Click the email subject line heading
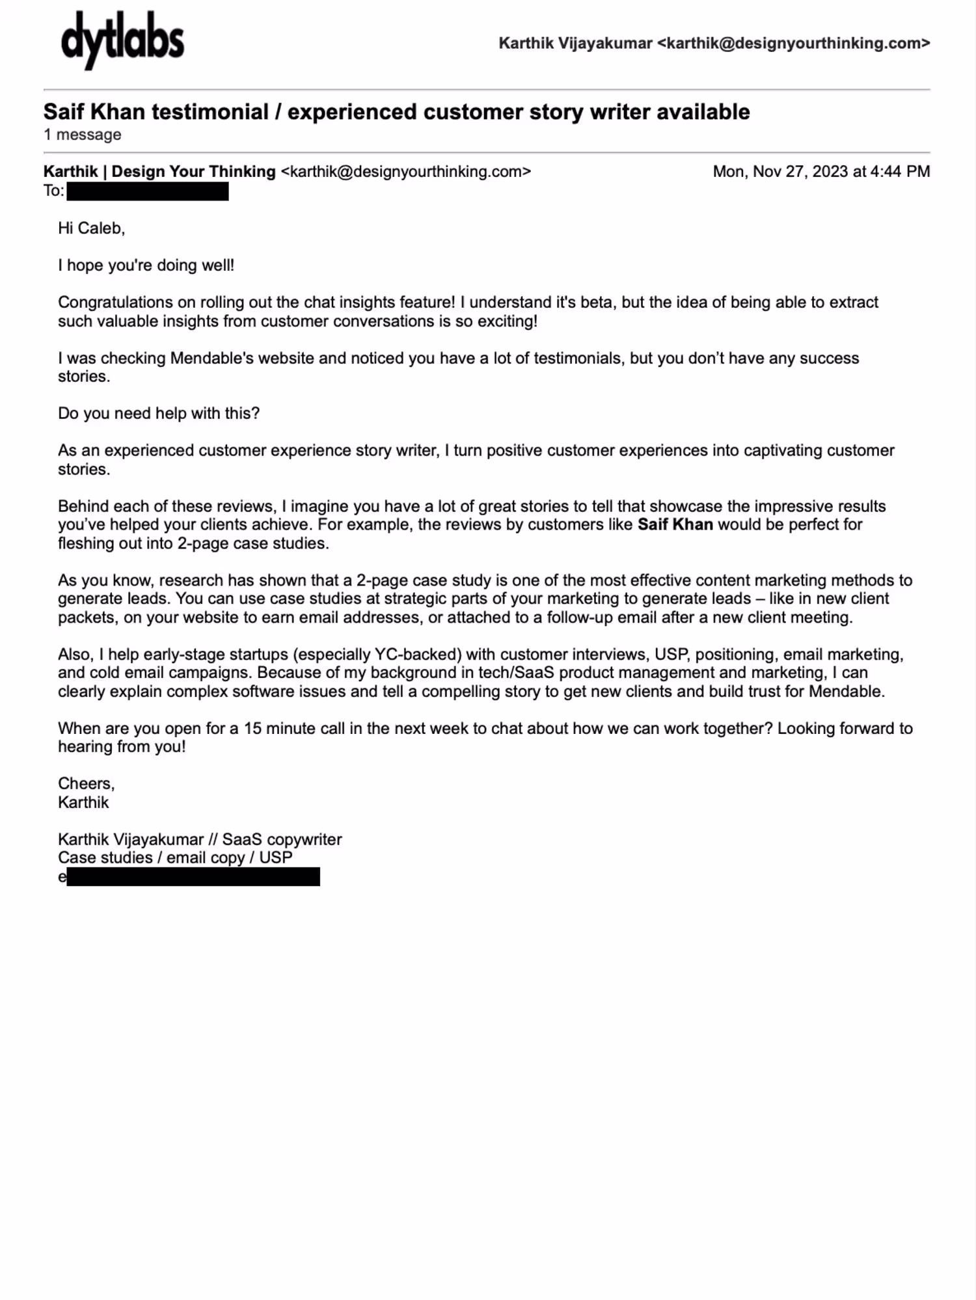396,112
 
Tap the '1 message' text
82,135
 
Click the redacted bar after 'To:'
148,191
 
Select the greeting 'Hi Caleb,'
91,228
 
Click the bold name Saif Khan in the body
675,524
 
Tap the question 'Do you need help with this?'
159,414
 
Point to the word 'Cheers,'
86,783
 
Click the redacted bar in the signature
193,877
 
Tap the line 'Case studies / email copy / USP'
175,858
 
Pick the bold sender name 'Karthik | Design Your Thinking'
159,172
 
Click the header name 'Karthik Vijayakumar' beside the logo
575,44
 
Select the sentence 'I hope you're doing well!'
146,265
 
